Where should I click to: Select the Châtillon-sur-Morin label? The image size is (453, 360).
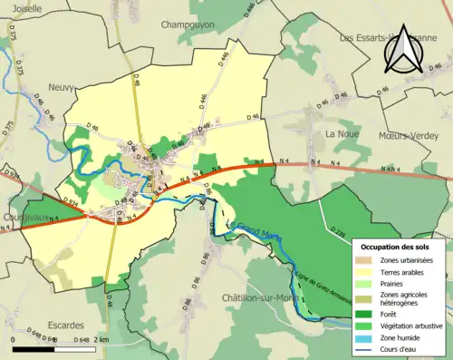(x=258, y=297)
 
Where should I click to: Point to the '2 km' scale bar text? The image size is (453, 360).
(x=101, y=340)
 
